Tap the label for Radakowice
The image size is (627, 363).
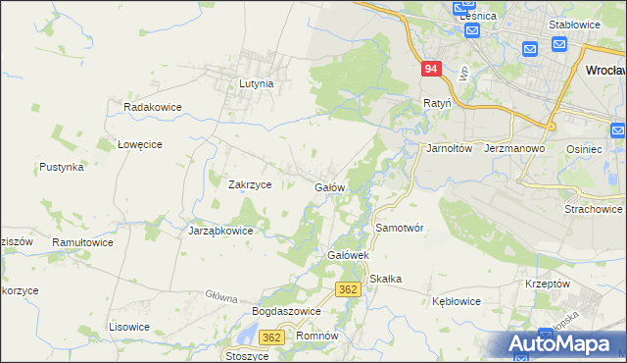[149, 106]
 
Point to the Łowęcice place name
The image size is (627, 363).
[139, 144]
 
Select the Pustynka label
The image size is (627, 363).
[62, 168]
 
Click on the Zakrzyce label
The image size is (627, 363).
[249, 184]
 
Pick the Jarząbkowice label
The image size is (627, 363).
[220, 232]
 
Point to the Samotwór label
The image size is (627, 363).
[399, 228]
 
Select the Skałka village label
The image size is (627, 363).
[386, 279]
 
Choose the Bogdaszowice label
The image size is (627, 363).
[287, 311]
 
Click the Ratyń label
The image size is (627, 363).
[436, 102]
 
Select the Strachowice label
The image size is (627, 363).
[593, 209]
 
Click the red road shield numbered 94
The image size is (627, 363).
[432, 70]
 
